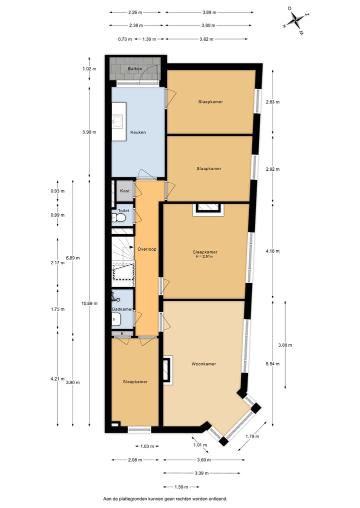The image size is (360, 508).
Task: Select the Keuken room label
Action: (138, 132)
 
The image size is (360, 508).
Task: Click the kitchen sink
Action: (118, 120)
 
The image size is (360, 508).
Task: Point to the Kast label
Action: (125, 191)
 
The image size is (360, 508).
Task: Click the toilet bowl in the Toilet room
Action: (120, 218)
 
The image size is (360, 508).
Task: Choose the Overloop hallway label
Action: (146, 248)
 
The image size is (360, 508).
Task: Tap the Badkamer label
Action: (122, 309)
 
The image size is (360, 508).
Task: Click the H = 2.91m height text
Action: (204, 257)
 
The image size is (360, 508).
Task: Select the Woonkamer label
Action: (203, 364)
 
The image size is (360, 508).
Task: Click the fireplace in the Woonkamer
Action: (166, 370)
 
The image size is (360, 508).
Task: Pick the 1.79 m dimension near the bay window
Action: (252, 436)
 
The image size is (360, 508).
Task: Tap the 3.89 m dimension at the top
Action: (209, 12)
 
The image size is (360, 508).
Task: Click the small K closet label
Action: (122, 333)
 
